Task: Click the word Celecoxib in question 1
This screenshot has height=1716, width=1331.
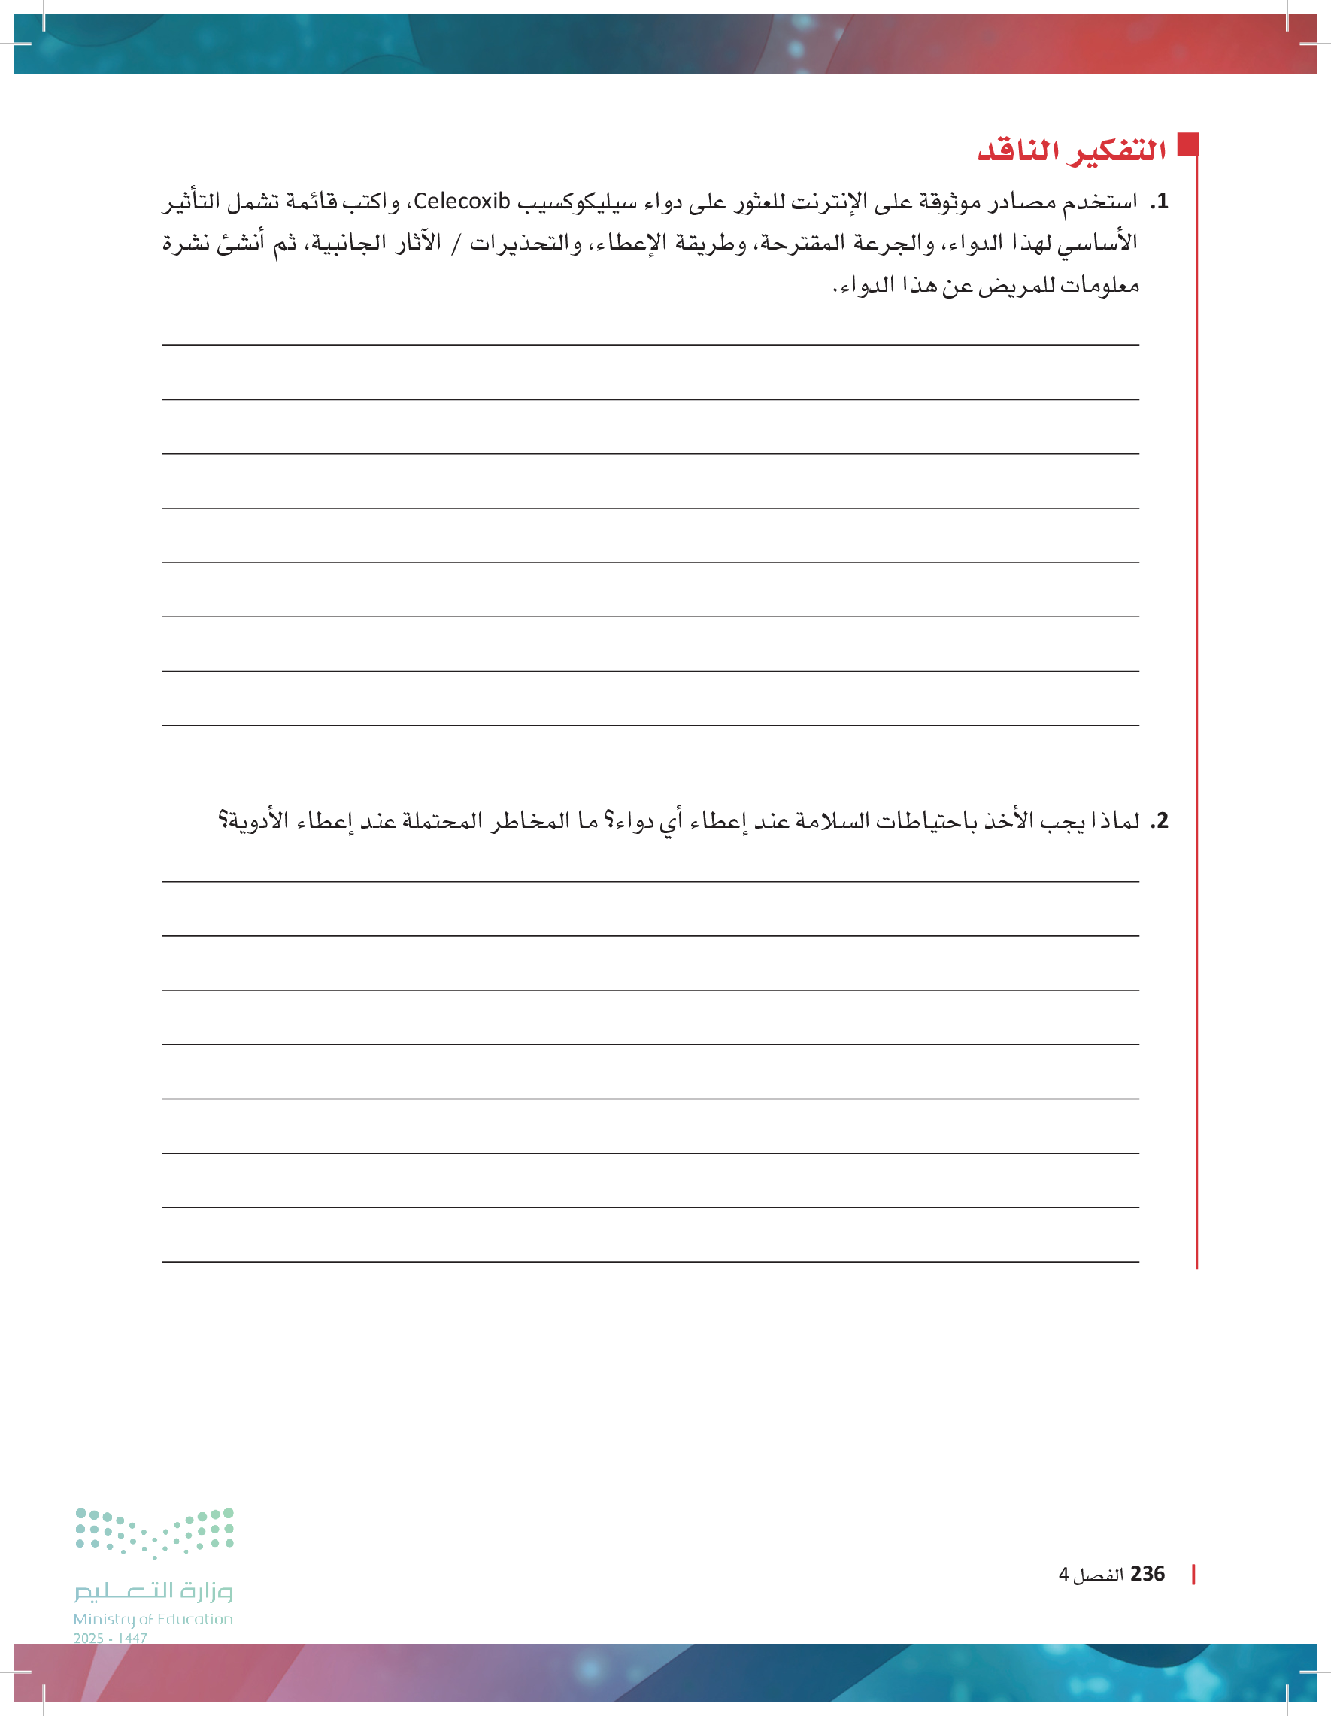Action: (462, 202)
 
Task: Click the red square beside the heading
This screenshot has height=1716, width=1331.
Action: (1187, 144)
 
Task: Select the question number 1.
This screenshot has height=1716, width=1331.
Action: (1160, 202)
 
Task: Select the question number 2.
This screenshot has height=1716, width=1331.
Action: (1160, 821)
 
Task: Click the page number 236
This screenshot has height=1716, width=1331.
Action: (1148, 1574)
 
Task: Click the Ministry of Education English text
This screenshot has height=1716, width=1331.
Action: (153, 1618)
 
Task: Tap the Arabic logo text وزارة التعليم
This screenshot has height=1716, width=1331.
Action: (153, 1590)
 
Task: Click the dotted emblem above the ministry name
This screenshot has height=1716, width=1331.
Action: (155, 1533)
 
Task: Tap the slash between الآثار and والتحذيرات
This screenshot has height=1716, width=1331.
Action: (456, 244)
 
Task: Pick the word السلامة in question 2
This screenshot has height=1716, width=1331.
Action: (832, 821)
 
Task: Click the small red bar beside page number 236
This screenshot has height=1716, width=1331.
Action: (1193, 1575)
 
